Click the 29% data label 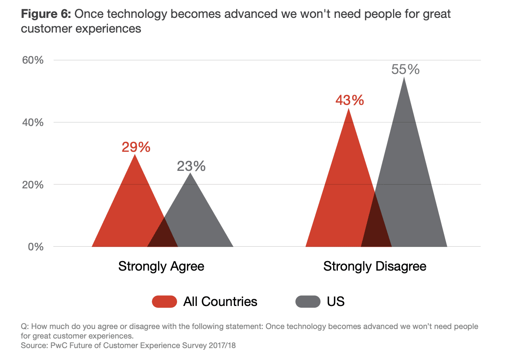[x=136, y=147]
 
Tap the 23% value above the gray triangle [x=191, y=166]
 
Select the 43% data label [x=349, y=100]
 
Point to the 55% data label [x=405, y=70]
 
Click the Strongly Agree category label [x=161, y=266]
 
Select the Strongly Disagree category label [x=375, y=266]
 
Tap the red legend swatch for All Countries [x=164, y=302]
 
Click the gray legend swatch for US [x=308, y=302]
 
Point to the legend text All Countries [x=220, y=302]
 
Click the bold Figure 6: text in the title [x=46, y=15]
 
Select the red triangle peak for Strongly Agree [x=135, y=156]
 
